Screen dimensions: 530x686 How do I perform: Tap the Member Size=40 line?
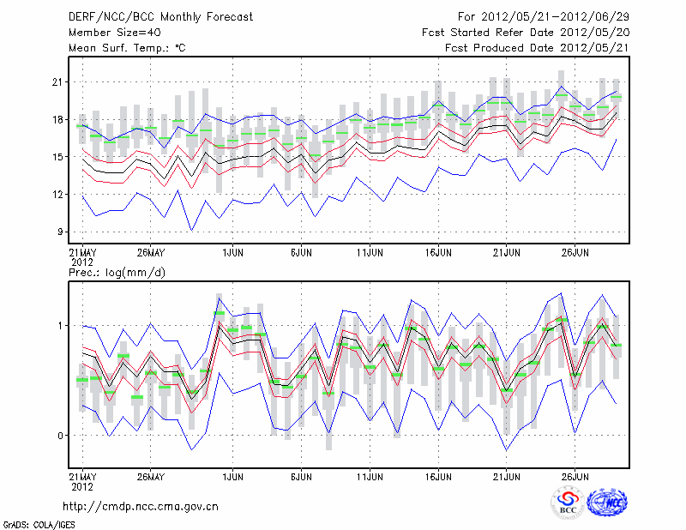[113, 33]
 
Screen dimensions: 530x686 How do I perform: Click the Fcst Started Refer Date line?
[526, 33]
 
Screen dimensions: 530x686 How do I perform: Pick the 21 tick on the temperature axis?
[57, 82]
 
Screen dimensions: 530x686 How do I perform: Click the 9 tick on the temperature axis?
[60, 232]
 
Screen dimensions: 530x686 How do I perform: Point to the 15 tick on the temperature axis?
[57, 157]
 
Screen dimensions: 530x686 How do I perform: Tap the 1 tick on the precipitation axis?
[60, 326]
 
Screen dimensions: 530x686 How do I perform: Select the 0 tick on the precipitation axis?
[60, 436]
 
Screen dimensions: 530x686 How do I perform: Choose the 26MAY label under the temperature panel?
[151, 253]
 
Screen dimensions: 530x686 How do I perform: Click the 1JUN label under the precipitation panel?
[232, 476]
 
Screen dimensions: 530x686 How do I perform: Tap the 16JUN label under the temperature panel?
[438, 253]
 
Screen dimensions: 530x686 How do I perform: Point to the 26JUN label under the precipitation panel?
[575, 476]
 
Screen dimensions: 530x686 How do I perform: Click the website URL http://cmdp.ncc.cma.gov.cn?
[141, 506]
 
